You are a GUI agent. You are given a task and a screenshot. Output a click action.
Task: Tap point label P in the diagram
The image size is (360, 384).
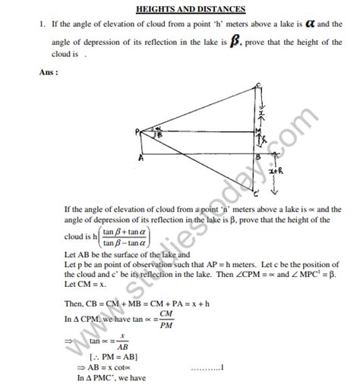point(139,131)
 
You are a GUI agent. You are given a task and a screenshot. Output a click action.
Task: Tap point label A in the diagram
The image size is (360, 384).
point(141,158)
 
